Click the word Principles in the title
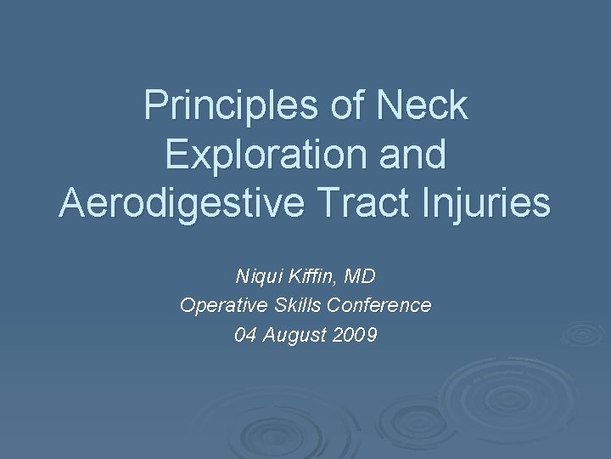click(x=230, y=106)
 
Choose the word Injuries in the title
click(x=496, y=205)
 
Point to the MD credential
click(x=361, y=276)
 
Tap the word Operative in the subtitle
click(x=216, y=305)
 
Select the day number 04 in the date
click(x=245, y=335)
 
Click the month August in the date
click(x=294, y=335)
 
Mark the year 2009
click(x=356, y=335)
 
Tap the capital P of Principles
click(x=154, y=106)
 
